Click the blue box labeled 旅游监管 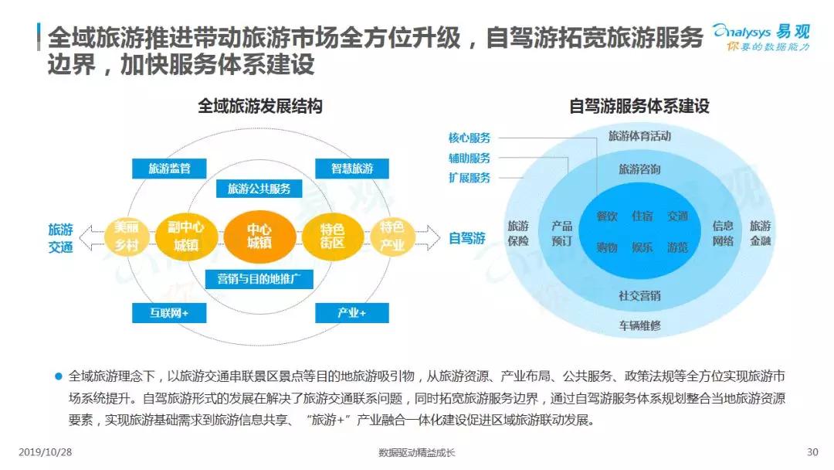(x=169, y=169)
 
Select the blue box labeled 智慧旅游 (x=351, y=169)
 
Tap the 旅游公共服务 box (x=259, y=189)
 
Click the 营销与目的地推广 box (x=259, y=279)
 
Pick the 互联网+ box (x=169, y=313)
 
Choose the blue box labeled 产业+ (x=351, y=313)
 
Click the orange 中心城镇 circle (x=259, y=237)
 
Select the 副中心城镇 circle (x=185, y=237)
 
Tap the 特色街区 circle (x=332, y=237)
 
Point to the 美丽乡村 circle (x=126, y=237)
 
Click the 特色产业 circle (x=392, y=237)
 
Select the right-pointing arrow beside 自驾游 (x=427, y=237)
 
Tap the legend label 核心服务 (x=470, y=138)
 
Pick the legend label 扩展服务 (x=470, y=178)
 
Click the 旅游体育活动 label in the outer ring (x=639, y=136)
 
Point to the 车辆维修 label (x=639, y=325)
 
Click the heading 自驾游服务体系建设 (x=639, y=106)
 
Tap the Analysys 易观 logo (x=761, y=37)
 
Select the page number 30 (x=812, y=452)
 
